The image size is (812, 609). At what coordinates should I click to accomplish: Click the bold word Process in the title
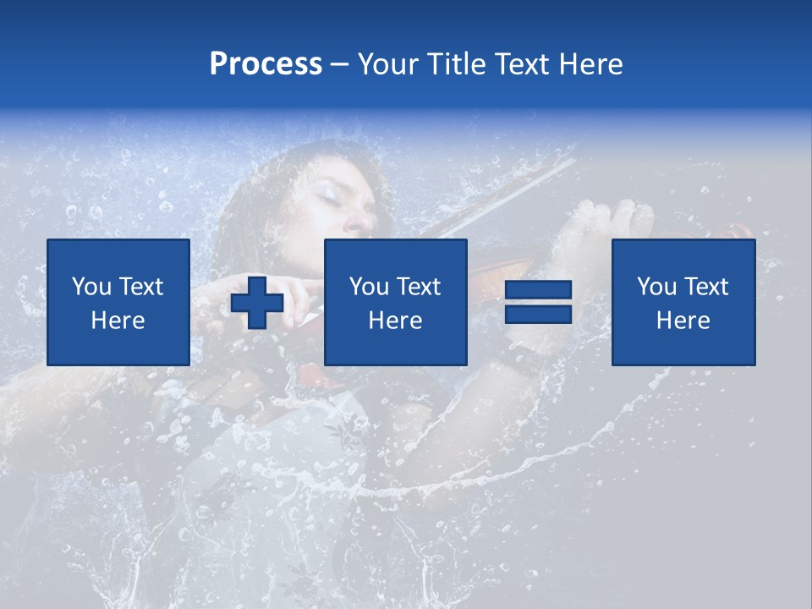coord(266,64)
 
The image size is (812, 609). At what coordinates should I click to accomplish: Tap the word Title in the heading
coord(455,64)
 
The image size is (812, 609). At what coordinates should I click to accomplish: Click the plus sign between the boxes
coord(257,303)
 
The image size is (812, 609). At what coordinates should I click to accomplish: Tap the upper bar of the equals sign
coord(538,290)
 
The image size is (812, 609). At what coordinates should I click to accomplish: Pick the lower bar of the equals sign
coord(538,314)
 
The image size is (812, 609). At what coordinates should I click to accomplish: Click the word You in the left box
coord(91,287)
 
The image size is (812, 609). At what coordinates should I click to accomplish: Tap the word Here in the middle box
coord(395,321)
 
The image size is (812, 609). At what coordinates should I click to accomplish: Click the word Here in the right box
coord(683,321)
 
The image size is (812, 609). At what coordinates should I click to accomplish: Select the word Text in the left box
coord(140,287)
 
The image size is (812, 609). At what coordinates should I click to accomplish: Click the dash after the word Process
coord(339,64)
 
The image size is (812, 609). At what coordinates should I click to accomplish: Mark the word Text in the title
coord(518,64)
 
